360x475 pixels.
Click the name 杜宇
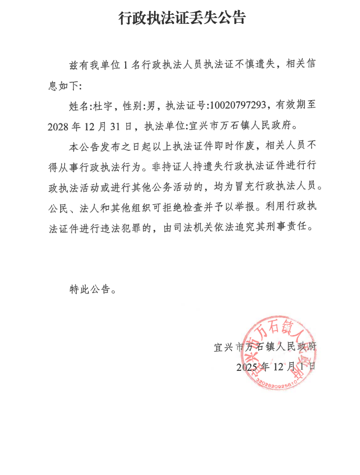[x=103, y=106]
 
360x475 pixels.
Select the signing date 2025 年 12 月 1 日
[x=276, y=367]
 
